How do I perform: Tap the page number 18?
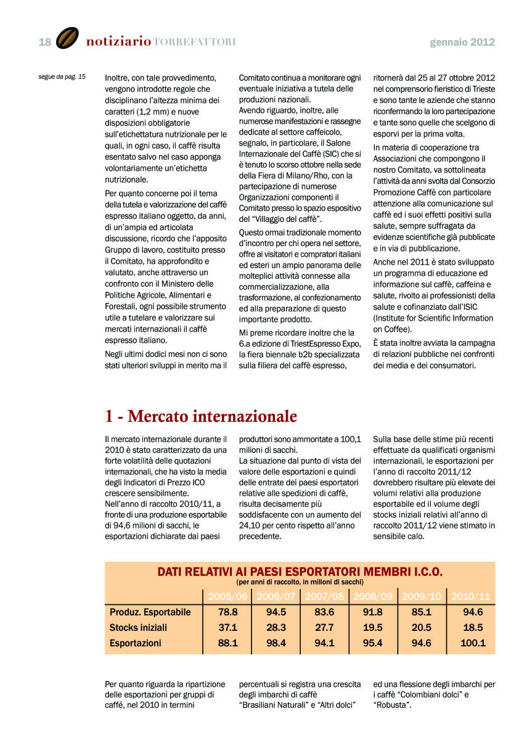(45, 42)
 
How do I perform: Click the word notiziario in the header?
(118, 42)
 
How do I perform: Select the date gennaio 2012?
(462, 42)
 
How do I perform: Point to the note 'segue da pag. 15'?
(62, 77)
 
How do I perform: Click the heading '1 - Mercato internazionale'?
(201, 417)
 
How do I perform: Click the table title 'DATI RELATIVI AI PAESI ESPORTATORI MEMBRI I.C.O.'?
(300, 572)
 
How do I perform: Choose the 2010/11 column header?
(472, 596)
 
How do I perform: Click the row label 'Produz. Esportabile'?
(150, 612)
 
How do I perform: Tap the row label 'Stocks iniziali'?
(139, 628)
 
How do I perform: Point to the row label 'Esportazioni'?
(136, 643)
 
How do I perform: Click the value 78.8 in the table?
(228, 612)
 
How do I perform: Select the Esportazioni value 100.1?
(473, 643)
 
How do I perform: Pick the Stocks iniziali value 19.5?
(373, 628)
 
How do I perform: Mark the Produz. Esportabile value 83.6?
(324, 612)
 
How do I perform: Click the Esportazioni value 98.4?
(276, 643)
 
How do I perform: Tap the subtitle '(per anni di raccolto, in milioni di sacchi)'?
(300, 582)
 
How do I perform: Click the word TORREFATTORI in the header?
(194, 42)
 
